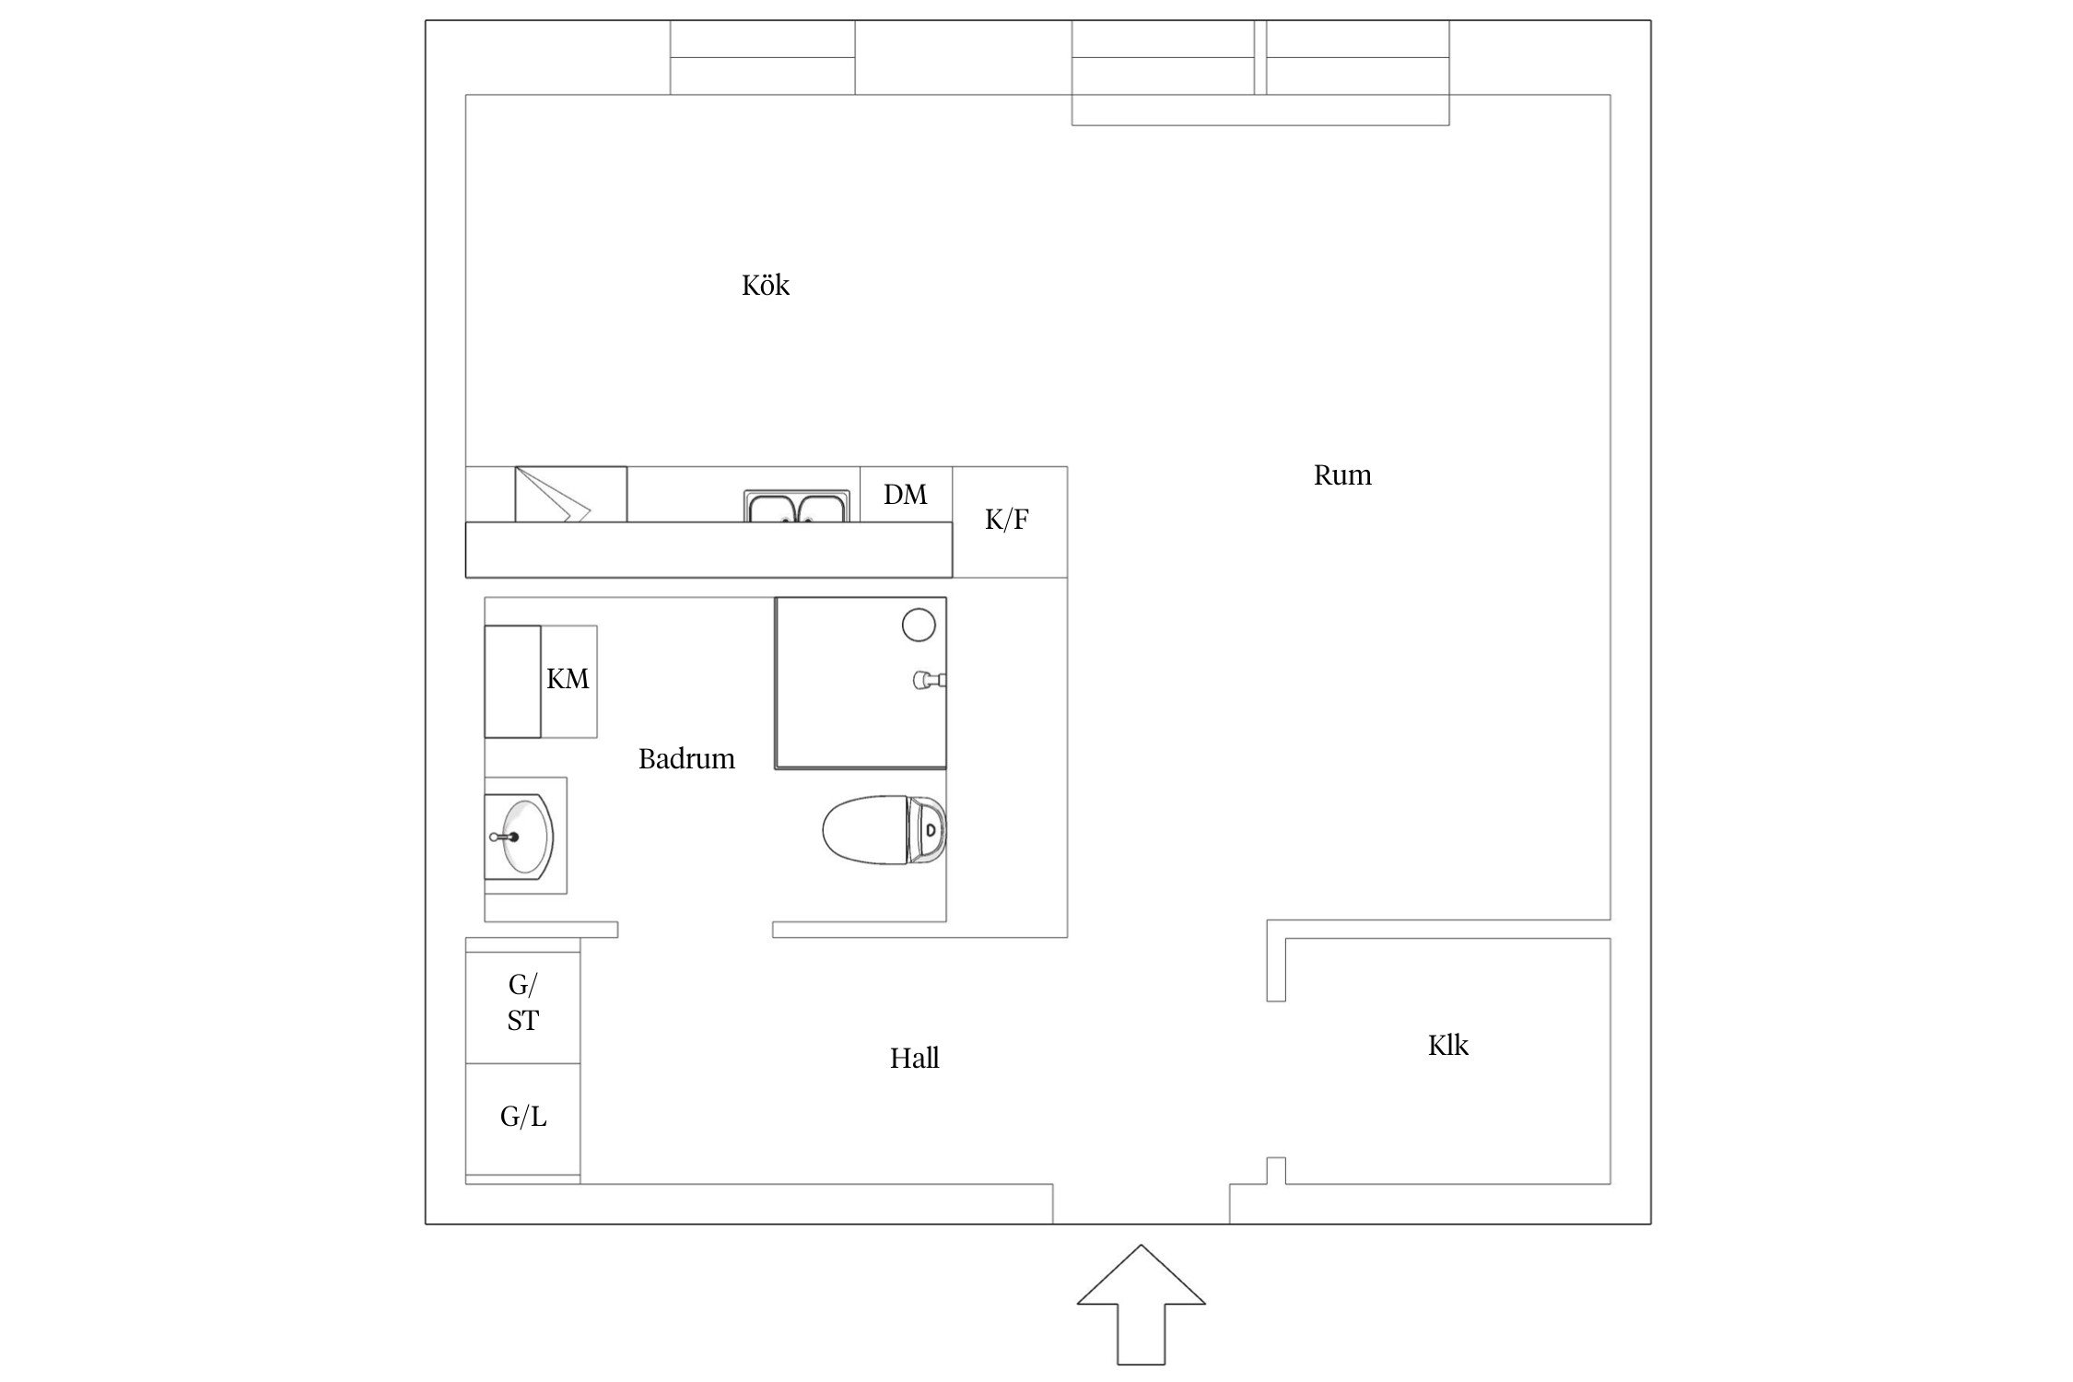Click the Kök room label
[766, 286]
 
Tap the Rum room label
[1341, 475]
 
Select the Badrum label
[686, 759]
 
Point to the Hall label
[914, 1058]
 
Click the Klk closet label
[1447, 1045]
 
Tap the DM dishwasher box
[906, 495]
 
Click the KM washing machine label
[568, 680]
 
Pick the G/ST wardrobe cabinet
[522, 1003]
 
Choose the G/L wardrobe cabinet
[522, 1118]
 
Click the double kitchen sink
[797, 507]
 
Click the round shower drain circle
[918, 626]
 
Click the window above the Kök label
[762, 58]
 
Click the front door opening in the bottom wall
[1141, 1204]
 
